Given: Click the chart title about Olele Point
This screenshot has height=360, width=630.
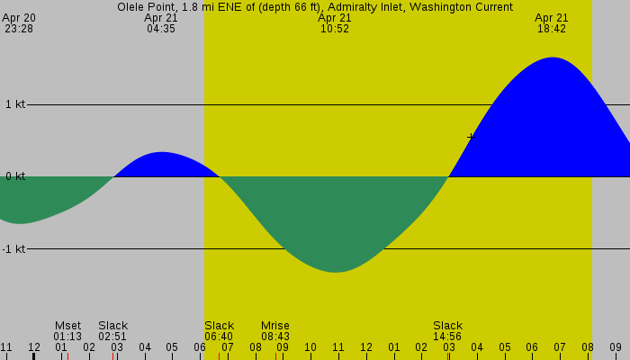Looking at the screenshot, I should point(315,7).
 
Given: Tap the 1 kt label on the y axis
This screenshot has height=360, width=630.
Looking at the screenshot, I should point(15,104).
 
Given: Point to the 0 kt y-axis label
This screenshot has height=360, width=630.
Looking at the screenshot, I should point(15,176).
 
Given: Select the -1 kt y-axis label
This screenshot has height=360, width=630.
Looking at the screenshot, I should point(13,248).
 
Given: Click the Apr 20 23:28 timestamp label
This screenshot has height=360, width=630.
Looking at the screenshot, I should point(19,23).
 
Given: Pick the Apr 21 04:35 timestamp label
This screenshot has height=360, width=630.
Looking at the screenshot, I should point(161,23).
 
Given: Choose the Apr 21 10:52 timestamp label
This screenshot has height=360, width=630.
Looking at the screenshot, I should point(335,23).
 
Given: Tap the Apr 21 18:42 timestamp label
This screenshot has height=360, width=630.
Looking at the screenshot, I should point(552,23).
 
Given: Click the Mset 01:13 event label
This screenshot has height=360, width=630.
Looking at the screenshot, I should point(67,331).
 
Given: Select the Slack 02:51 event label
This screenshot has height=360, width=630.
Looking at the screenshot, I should point(113,331).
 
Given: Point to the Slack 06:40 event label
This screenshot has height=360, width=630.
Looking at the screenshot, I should point(219,331).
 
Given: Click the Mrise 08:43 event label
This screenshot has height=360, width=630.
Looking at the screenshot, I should point(275,331).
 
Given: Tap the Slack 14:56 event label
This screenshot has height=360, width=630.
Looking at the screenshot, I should point(447,331).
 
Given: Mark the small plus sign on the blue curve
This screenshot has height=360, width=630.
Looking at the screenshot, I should point(471,137).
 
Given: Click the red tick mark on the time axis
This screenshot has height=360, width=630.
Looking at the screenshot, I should point(275,355).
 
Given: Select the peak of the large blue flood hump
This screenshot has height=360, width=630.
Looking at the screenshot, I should point(552,58).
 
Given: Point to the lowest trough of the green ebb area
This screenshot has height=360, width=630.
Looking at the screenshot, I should point(336,271).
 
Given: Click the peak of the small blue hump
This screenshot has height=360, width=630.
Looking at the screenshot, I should point(161,153).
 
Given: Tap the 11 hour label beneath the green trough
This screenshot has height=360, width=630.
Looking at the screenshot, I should point(338,347).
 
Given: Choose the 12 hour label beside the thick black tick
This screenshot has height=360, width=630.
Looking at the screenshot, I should point(34,347).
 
